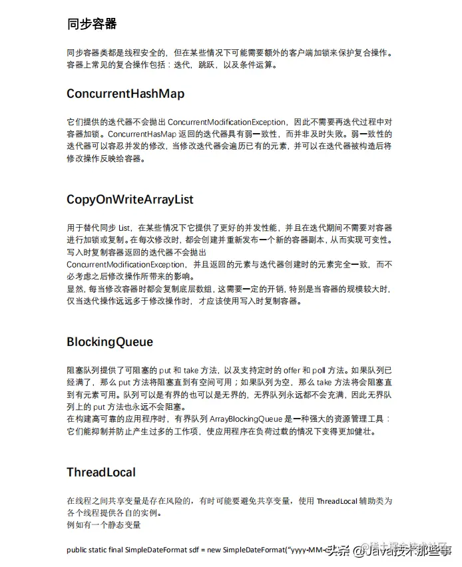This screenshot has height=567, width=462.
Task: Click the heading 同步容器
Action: pos(92,25)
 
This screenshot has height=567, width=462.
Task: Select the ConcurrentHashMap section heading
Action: pos(125,94)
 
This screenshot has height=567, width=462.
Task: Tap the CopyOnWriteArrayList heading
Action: pos(130,199)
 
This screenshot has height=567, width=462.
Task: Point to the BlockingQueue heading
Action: pos(110,342)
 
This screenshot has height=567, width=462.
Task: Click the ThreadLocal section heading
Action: pos(101,472)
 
